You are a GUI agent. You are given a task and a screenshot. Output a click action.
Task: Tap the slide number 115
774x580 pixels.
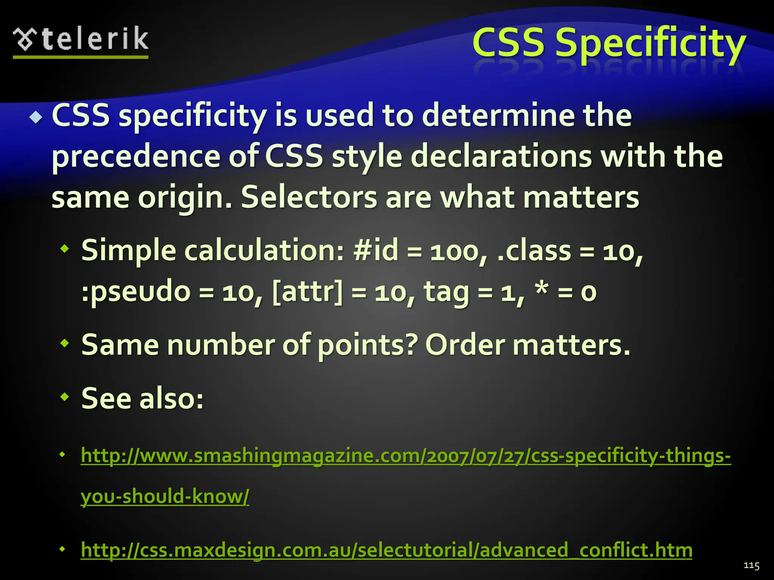pyautogui.click(x=751, y=565)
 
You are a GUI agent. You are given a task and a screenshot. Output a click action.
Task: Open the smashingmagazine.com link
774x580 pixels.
pyautogui.click(x=406, y=455)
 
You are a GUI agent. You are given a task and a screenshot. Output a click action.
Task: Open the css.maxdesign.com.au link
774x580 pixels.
pyautogui.click(x=386, y=550)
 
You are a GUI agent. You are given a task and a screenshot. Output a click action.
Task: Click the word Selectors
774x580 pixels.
pyautogui.click(x=309, y=197)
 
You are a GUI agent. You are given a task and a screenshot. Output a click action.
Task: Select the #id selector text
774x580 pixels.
pyautogui.click(x=376, y=250)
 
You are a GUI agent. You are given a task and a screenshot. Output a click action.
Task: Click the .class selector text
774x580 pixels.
pyautogui.click(x=534, y=250)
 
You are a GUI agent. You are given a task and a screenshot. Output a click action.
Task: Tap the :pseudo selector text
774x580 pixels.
pyautogui.click(x=136, y=292)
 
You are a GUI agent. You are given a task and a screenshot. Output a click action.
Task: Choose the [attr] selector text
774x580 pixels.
pyautogui.click(x=307, y=292)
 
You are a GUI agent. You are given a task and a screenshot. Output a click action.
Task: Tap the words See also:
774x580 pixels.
pyautogui.click(x=142, y=398)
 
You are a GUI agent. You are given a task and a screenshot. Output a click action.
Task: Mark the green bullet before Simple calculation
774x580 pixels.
pyautogui.click(x=65, y=249)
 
